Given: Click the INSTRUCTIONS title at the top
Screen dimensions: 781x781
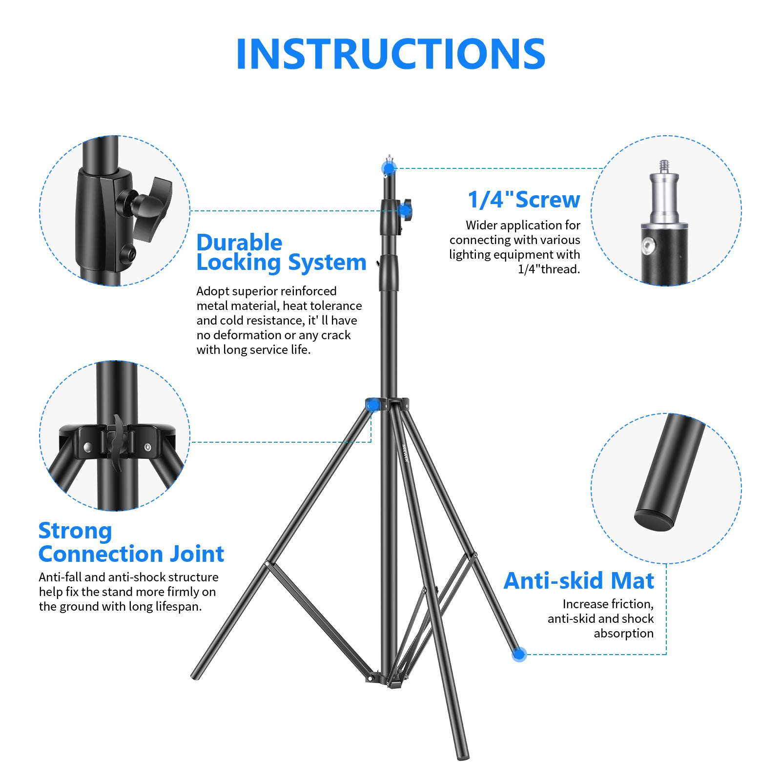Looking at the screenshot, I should click(x=390, y=54).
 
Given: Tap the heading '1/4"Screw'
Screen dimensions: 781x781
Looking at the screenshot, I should click(x=524, y=200).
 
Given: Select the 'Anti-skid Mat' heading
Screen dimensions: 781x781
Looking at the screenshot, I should click(x=578, y=581).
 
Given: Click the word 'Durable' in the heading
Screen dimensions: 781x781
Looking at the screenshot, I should click(x=239, y=243).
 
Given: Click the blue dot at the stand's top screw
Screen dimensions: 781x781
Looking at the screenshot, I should click(x=389, y=168).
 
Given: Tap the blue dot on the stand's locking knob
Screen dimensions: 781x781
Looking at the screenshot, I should click(x=404, y=211).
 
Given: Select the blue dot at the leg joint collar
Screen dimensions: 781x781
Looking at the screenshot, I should click(x=372, y=406).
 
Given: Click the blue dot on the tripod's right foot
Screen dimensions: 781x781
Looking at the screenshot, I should click(x=519, y=654).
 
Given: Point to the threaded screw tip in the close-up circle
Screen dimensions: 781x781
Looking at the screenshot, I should click(x=664, y=166).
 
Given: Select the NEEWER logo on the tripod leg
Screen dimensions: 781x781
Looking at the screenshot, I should click(x=405, y=452).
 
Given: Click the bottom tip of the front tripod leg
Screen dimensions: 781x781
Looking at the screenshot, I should click(x=463, y=757).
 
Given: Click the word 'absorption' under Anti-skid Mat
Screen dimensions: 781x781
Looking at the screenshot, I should click(x=623, y=633).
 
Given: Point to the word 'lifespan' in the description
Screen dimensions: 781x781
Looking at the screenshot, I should click(x=178, y=606).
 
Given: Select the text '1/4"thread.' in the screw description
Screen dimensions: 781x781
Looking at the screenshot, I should click(x=549, y=269).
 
